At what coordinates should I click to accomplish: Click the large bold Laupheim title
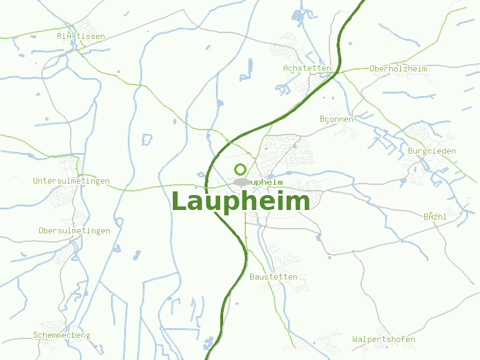pyautogui.click(x=241, y=202)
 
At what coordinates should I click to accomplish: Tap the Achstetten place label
pyautogui.click(x=307, y=68)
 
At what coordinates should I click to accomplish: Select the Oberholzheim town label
pyautogui.click(x=398, y=68)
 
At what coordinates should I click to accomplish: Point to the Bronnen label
pyautogui.click(x=336, y=119)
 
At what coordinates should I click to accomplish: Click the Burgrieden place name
pyautogui.click(x=431, y=151)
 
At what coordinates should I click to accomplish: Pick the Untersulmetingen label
pyautogui.click(x=71, y=181)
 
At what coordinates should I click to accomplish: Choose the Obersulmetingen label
pyautogui.click(x=74, y=231)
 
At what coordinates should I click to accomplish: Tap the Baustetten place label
pyautogui.click(x=273, y=277)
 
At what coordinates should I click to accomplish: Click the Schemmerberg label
pyautogui.click(x=61, y=335)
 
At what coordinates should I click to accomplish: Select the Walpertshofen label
pyautogui.click(x=383, y=340)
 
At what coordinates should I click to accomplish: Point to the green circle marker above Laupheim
pyautogui.click(x=240, y=169)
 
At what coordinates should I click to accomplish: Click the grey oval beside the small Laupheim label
pyautogui.click(x=242, y=182)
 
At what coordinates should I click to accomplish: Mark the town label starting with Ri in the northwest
pyautogui.click(x=80, y=37)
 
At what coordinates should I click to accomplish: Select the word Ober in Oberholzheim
pyautogui.click(x=380, y=68)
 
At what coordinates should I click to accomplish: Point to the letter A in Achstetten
pyautogui.click(x=286, y=68)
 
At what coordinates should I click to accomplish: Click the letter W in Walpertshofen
pyautogui.click(x=355, y=340)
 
